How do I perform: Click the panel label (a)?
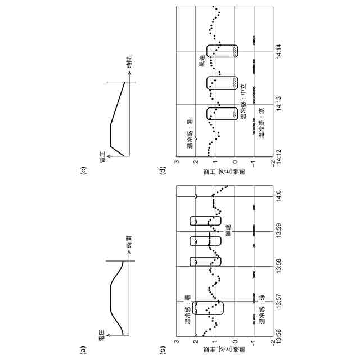(83, 351)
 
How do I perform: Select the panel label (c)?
(83, 170)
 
